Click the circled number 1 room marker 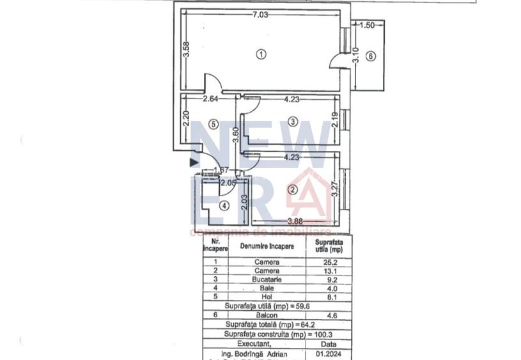pos(260,54)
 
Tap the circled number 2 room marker pos(292,189)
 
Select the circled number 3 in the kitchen pos(292,121)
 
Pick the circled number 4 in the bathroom pos(224,206)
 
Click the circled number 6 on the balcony pos(369,56)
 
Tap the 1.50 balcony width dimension pos(367,26)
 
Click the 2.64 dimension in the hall pos(211,98)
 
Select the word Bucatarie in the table pos(267,279)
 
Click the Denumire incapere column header pos(267,246)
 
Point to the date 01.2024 pos(329,352)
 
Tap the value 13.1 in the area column pos(329,270)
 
